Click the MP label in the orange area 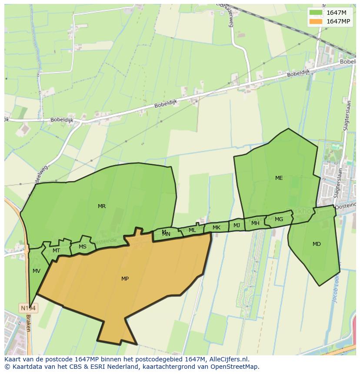(x=125, y=279)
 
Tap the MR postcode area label (x=102, y=206)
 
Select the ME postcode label (x=279, y=178)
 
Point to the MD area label (x=317, y=244)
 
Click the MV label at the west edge (x=37, y=271)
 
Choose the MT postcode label (x=56, y=251)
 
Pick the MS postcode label (x=83, y=247)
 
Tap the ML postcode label (x=192, y=230)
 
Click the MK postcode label (x=217, y=228)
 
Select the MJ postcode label (x=237, y=225)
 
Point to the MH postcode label (x=255, y=223)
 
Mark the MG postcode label (x=279, y=219)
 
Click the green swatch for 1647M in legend (x=316, y=13)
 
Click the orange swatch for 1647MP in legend (x=316, y=21)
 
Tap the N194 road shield (x=29, y=308)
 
